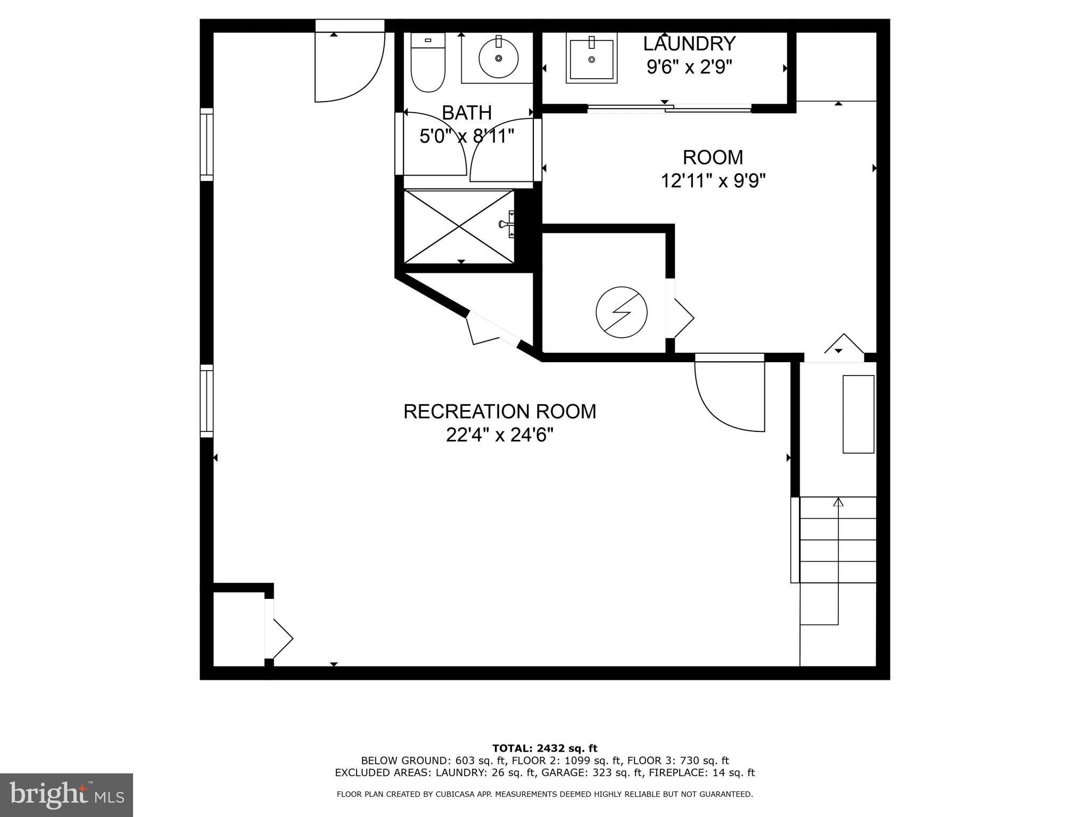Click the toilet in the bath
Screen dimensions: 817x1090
pos(428,64)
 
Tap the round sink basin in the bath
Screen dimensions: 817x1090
pos(499,57)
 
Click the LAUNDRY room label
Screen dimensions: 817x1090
pos(689,43)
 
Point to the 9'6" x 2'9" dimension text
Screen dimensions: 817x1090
pos(689,67)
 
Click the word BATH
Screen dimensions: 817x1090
pos(467,113)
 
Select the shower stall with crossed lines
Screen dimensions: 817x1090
pos(459,227)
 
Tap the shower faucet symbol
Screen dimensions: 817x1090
pos(507,224)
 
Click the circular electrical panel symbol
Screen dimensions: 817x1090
pos(621,312)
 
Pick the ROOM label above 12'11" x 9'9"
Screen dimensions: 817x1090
pos(713,157)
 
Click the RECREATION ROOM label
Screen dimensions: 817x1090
pos(499,412)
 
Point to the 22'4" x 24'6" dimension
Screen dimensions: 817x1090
pos(499,436)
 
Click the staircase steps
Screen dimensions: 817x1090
pos(838,539)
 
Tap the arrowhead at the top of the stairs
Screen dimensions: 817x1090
pos(838,501)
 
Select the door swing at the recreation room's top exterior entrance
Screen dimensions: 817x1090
pos(349,66)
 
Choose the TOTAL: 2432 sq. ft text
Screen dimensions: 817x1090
pos(544,748)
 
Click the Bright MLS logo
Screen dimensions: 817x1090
pos(67,795)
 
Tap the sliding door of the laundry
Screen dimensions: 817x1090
pos(669,109)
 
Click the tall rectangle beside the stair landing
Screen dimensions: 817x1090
pos(858,414)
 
